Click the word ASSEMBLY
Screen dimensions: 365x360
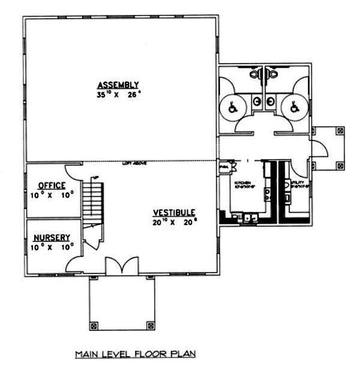click(118, 84)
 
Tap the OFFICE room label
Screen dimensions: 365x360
click(52, 186)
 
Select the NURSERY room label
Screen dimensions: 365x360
click(52, 237)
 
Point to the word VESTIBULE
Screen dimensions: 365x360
click(173, 213)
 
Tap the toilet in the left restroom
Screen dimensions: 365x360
click(256, 74)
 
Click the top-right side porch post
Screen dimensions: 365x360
click(340, 129)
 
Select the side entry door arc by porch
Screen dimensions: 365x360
click(319, 148)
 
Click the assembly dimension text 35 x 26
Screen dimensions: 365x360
click(118, 94)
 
